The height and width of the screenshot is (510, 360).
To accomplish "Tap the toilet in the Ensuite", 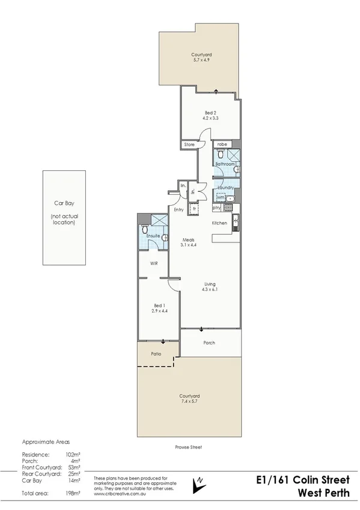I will [144, 230].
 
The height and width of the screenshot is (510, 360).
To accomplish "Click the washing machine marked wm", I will [221, 197].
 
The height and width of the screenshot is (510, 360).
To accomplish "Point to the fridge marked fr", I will [194, 209].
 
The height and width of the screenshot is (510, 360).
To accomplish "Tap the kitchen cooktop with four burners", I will [228, 208].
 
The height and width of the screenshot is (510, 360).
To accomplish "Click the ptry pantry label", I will [217, 208].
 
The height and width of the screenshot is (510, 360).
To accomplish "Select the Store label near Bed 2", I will [190, 145].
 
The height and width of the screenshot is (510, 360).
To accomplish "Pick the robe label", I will [222, 144].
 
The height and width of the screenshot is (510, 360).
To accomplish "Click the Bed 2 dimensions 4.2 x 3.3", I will [210, 118].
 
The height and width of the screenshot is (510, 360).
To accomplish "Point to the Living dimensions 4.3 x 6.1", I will [210, 290].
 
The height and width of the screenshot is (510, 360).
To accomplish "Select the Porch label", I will [209, 343].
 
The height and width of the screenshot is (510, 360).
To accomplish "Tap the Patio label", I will [156, 354].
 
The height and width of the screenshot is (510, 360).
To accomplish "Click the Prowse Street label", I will [189, 447].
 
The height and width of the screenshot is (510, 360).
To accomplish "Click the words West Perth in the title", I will [325, 491].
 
